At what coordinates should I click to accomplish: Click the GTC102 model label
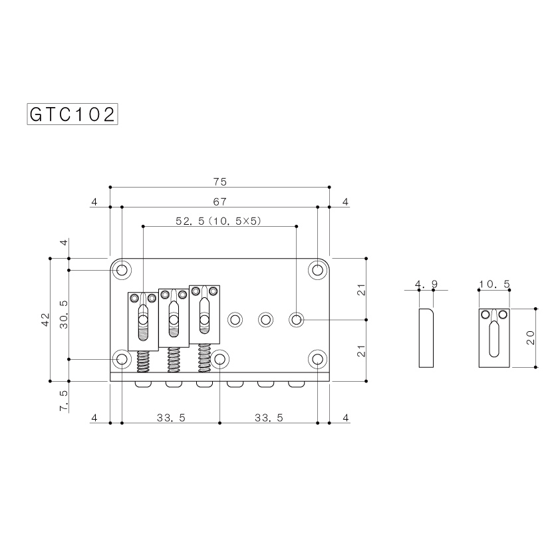pyautogui.click(x=72, y=114)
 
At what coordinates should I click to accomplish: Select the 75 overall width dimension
pyautogui.click(x=220, y=182)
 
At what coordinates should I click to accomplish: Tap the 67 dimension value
pyautogui.click(x=220, y=202)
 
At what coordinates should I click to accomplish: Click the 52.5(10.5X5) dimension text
pyautogui.click(x=219, y=221)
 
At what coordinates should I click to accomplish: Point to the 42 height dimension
pyautogui.click(x=44, y=319)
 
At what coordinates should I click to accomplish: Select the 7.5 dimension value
pyautogui.click(x=64, y=401)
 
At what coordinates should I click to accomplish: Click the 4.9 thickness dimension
pyautogui.click(x=426, y=285)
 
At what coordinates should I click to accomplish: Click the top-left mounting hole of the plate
pyautogui.click(x=122, y=270)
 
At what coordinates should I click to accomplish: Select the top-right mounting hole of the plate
pyautogui.click(x=318, y=270)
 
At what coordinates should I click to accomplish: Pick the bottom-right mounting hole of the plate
pyautogui.click(x=318, y=359)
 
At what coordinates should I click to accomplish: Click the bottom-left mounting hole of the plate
pyautogui.click(x=122, y=359)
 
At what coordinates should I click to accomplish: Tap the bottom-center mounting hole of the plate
pyautogui.click(x=219, y=359)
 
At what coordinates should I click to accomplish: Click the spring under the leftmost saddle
pyautogui.click(x=142, y=362)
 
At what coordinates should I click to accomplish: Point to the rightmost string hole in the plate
pyautogui.click(x=296, y=320)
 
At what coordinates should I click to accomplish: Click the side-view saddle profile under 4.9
pyautogui.click(x=426, y=337)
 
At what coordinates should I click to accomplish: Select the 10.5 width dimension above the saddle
pyautogui.click(x=494, y=285)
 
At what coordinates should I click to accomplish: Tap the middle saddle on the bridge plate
pyautogui.click(x=173, y=318)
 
